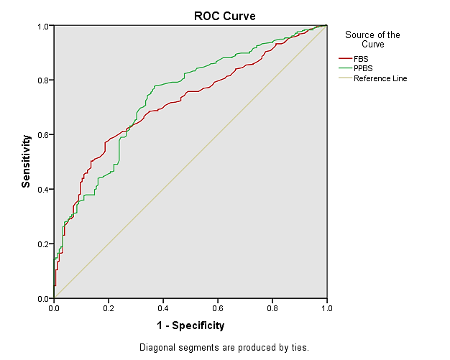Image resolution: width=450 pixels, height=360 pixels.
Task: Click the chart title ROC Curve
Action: click(225, 15)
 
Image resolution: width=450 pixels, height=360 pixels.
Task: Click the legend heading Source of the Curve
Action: click(372, 39)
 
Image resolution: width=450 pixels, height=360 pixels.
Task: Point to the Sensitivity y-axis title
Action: click(26, 161)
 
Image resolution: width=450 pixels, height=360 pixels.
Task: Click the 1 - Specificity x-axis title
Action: click(190, 326)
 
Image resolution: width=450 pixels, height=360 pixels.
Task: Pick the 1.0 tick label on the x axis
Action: click(326, 308)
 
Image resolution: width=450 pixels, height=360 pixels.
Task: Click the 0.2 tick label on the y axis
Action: click(44, 244)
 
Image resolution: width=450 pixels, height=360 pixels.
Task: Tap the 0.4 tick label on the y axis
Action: click(44, 189)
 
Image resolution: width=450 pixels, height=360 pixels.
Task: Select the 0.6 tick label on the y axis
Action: click(44, 134)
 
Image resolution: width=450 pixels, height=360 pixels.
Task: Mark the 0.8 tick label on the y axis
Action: click(44, 80)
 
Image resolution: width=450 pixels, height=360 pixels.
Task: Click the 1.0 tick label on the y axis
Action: click(44, 26)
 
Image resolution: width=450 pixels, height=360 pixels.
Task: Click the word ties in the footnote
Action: click(299, 348)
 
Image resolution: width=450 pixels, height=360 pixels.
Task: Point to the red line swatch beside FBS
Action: click(345, 58)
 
